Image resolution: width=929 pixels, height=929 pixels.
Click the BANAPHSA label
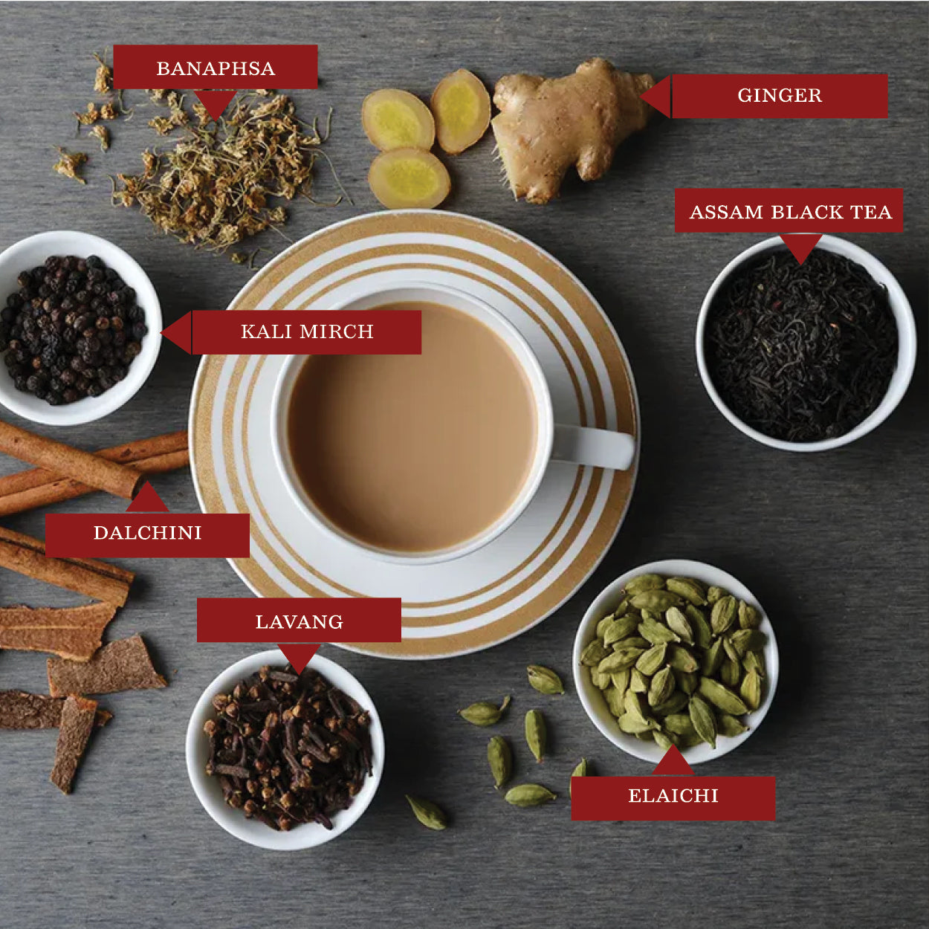(216, 67)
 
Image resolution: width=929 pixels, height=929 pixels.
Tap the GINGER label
(780, 96)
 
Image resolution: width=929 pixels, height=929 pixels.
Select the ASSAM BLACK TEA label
(789, 210)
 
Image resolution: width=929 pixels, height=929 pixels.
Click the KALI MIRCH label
(307, 332)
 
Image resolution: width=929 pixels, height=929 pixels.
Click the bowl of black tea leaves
(806, 343)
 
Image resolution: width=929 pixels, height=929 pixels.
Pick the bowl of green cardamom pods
(676, 661)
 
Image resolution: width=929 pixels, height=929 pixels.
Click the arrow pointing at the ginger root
(656, 97)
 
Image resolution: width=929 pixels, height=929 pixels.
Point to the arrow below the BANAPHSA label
(216, 104)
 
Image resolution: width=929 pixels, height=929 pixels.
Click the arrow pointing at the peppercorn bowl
(176, 332)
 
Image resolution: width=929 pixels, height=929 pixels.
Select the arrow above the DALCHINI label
(147, 497)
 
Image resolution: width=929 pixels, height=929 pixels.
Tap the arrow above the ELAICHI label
(673, 761)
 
